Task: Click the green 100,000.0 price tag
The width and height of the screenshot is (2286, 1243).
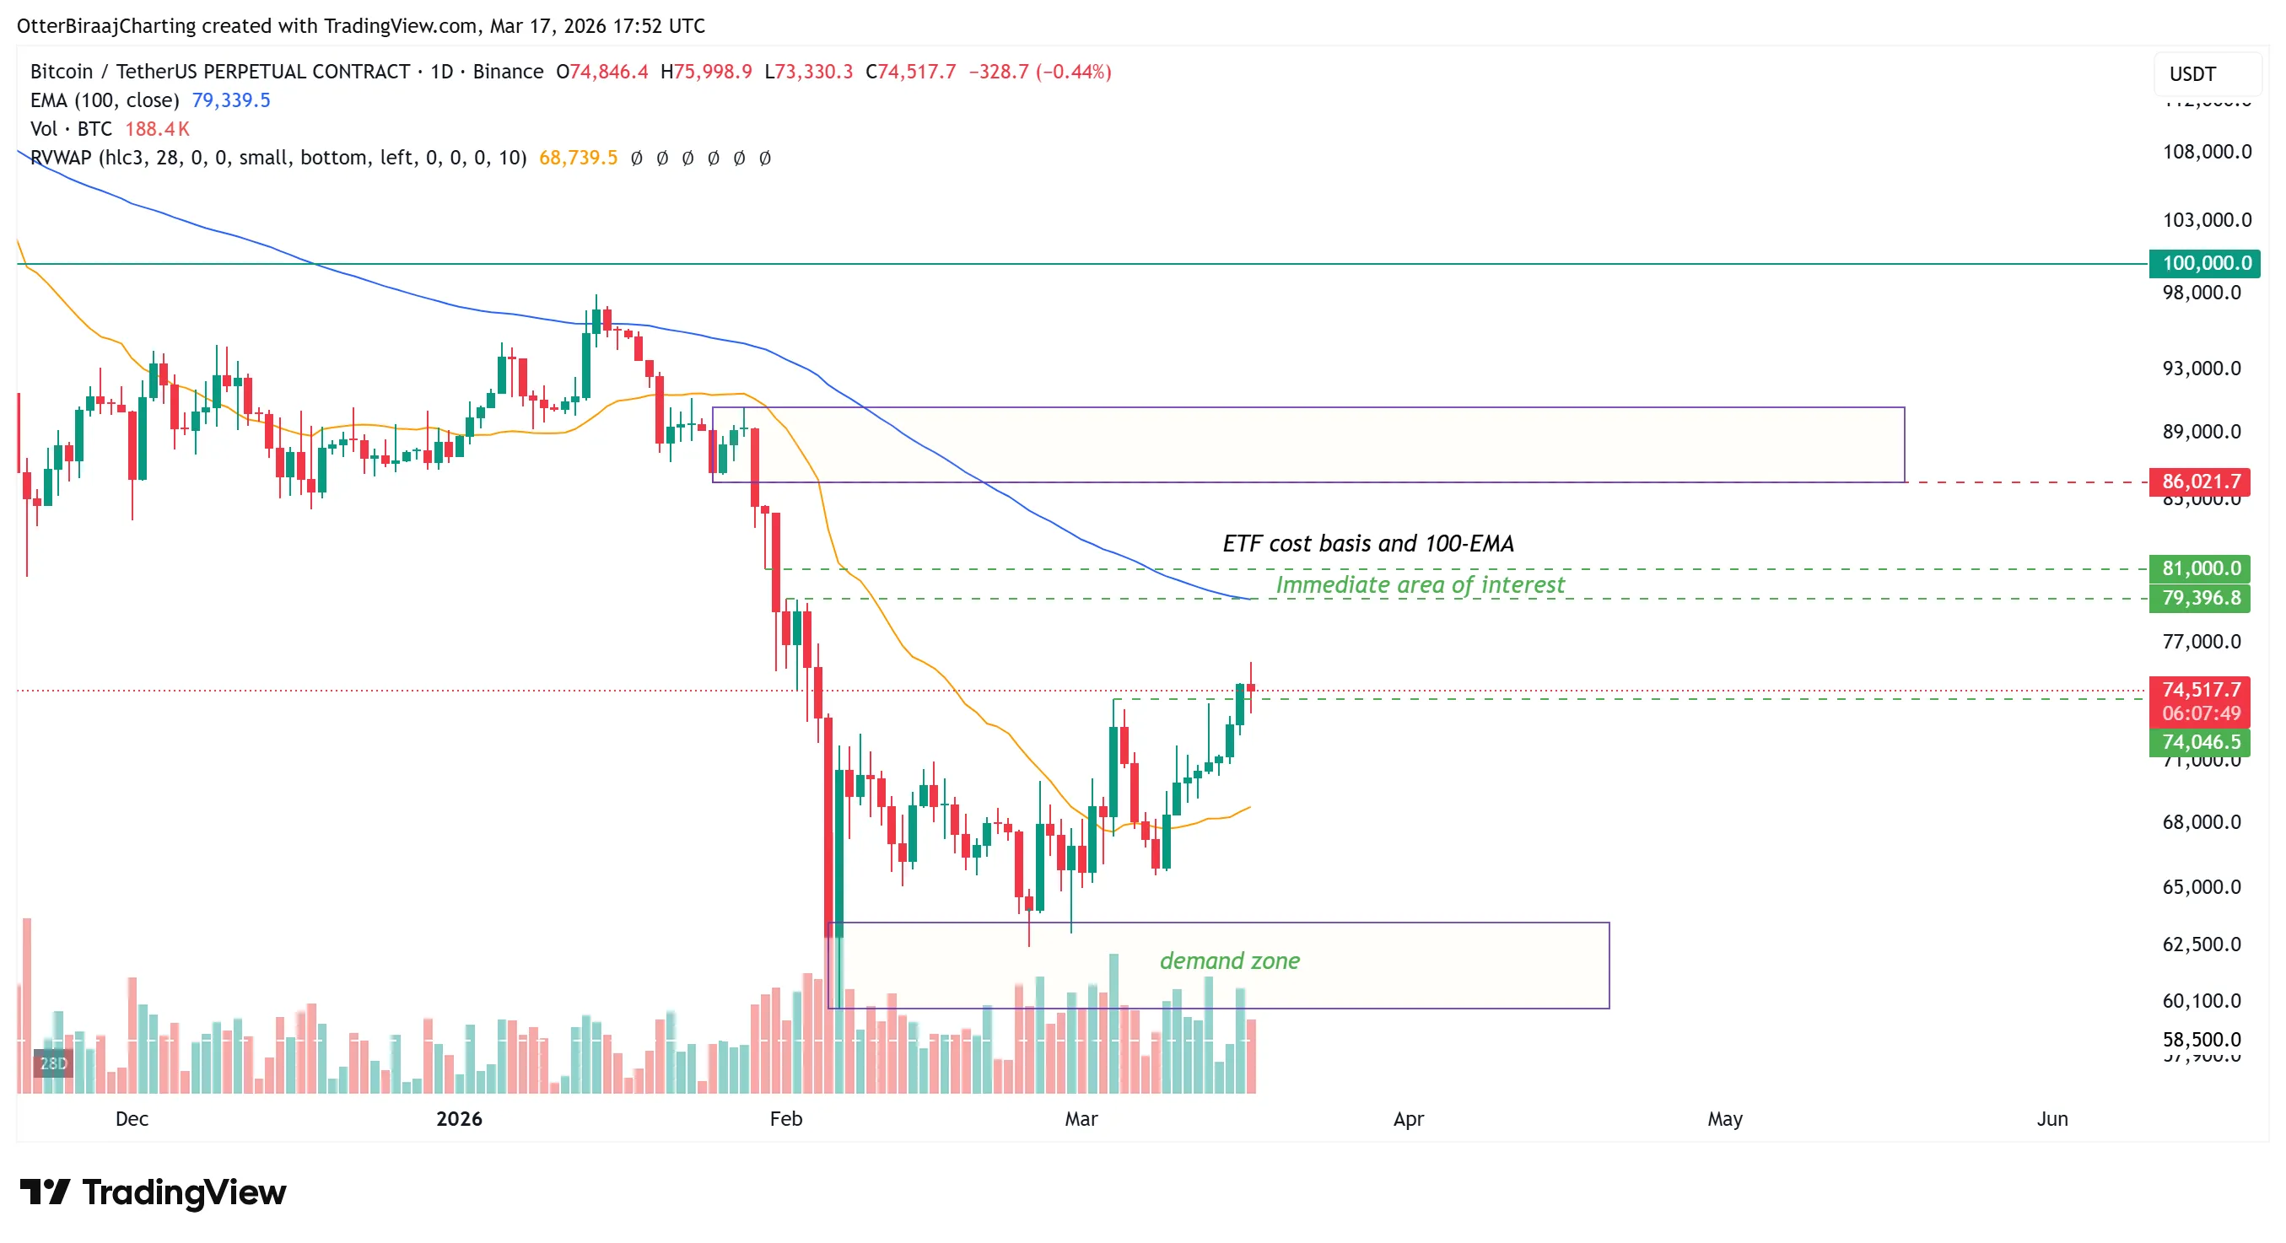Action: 2204,262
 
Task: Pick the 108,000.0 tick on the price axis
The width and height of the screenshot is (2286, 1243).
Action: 2206,152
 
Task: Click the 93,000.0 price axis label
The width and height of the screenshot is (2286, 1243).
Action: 2201,369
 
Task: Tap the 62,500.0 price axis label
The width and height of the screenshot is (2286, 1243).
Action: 2201,944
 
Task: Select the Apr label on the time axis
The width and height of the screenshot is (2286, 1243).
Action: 1409,1119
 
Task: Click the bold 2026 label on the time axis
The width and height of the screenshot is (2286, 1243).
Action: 459,1119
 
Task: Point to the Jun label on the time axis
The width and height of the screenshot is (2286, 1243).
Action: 2051,1119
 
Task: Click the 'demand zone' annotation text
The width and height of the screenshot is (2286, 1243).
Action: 1229,960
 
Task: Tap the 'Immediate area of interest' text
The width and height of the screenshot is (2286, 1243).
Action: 1420,584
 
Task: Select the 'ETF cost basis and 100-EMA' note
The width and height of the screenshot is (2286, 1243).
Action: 1367,543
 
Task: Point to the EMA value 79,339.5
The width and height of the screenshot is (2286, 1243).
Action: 231,100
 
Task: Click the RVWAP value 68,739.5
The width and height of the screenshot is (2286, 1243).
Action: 578,158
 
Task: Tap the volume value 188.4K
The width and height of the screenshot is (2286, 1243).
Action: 157,129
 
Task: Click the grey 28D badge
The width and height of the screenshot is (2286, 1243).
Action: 52,1063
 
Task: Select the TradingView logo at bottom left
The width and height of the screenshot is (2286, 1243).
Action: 153,1192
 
